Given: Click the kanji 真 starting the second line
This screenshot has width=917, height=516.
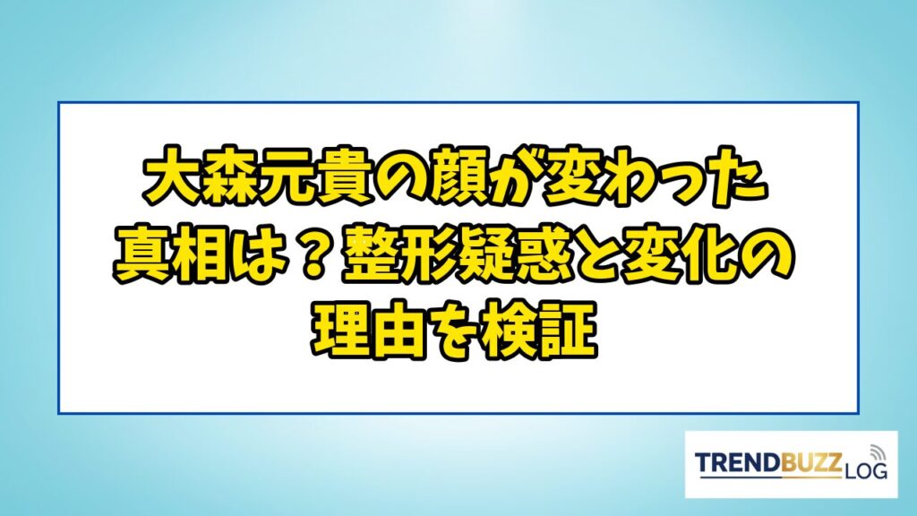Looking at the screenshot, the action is (x=141, y=256).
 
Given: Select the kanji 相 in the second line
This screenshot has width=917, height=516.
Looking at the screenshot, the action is (x=198, y=256).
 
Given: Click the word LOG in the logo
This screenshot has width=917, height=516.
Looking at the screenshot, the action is (x=865, y=470).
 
